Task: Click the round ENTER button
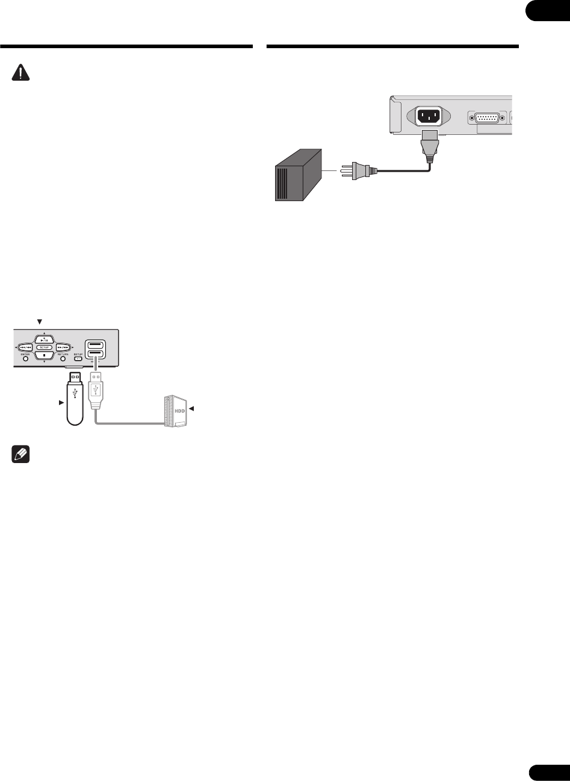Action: [26, 359]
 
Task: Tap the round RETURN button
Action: [63, 359]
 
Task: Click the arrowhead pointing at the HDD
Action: [193, 409]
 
